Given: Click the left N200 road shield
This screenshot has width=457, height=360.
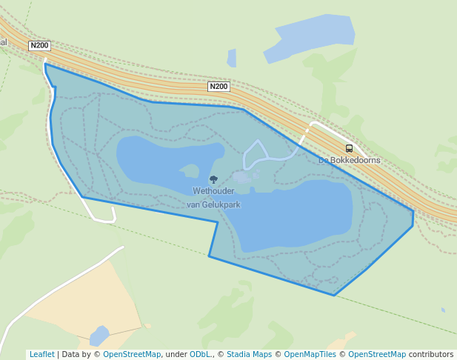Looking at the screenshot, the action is coord(39,46).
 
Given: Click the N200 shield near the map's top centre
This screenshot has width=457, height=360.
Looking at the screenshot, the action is coord(219,87).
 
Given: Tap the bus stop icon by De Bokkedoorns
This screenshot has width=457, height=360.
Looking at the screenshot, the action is coord(349,148).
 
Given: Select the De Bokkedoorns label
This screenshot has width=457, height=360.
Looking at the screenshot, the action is coord(349,160).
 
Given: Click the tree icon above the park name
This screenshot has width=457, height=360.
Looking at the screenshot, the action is coord(213,179).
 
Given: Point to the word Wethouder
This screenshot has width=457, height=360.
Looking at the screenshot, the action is coord(213,191).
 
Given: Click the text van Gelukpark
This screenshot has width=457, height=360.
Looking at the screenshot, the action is coord(213,204).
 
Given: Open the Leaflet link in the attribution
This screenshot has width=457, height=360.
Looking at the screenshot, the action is coord(42,354).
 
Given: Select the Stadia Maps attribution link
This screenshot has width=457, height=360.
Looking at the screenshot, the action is coord(249,354).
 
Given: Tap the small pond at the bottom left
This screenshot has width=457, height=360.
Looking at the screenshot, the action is coord(99,336).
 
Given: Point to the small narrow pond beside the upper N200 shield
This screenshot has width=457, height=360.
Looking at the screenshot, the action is coord(232,58).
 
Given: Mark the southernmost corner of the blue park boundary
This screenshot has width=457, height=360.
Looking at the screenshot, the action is coord(334,296).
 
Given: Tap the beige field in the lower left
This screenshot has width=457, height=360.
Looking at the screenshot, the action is coord(89,296).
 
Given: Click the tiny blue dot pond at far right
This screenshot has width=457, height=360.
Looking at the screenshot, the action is coord(443,310).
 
